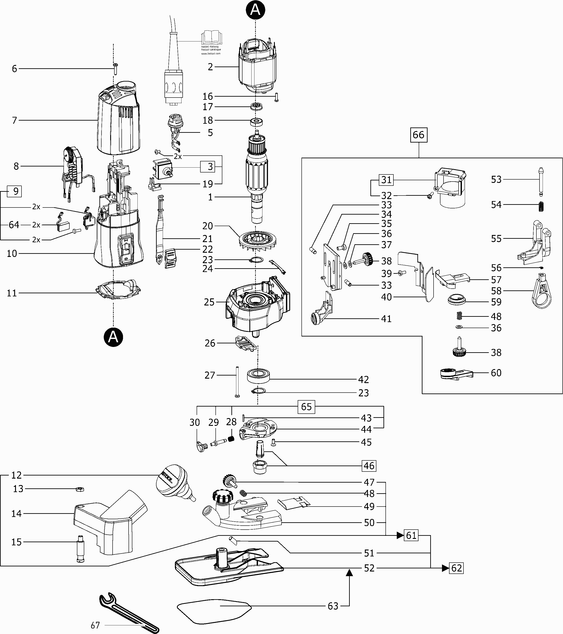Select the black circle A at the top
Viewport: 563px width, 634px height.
coord(255,10)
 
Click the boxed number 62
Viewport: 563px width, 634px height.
coord(457,568)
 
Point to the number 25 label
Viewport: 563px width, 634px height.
coord(209,302)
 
